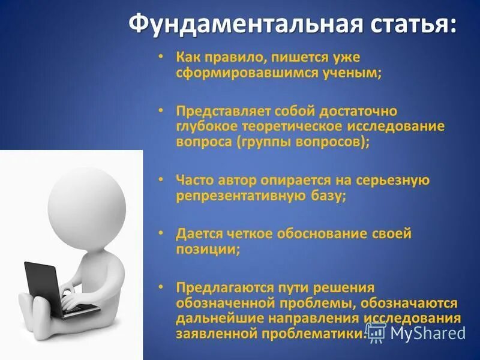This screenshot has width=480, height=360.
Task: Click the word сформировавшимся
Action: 239,72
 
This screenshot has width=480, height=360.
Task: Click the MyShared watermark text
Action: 427,332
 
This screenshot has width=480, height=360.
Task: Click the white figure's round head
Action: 87,200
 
